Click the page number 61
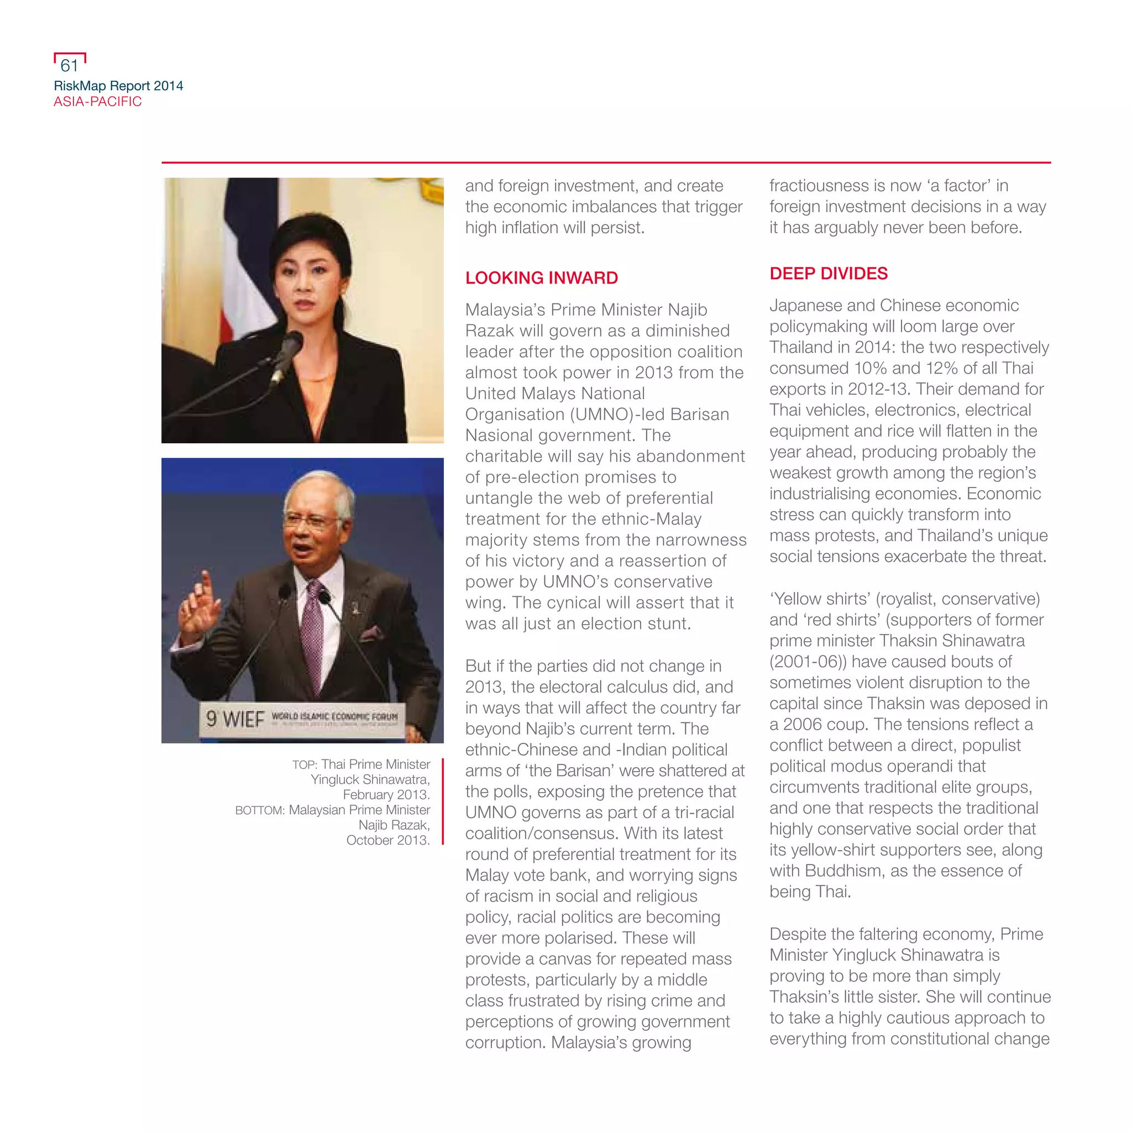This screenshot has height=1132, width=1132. click(69, 65)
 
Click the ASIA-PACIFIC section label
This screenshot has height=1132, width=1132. click(97, 101)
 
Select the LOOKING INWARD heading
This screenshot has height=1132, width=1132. click(541, 277)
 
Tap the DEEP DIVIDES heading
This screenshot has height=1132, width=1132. click(828, 274)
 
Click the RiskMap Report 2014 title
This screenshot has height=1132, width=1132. click(118, 86)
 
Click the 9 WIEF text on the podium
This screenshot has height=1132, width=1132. click(235, 719)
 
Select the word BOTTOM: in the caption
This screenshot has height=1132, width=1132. click(260, 810)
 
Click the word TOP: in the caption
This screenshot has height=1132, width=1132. click(304, 764)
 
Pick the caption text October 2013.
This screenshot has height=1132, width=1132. click(387, 840)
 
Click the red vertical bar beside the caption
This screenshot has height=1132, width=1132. click(442, 801)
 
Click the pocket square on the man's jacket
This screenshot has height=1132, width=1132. click(371, 633)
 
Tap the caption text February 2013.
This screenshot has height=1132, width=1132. click(386, 794)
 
